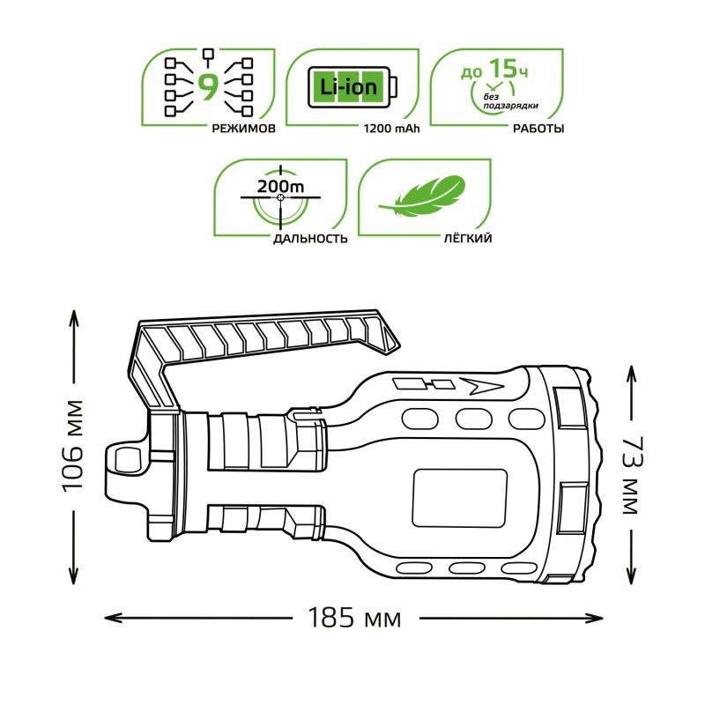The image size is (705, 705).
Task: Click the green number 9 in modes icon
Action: click(209, 86)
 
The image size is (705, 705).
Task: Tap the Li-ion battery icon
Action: click(352, 86)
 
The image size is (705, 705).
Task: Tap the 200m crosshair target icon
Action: click(280, 199)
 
